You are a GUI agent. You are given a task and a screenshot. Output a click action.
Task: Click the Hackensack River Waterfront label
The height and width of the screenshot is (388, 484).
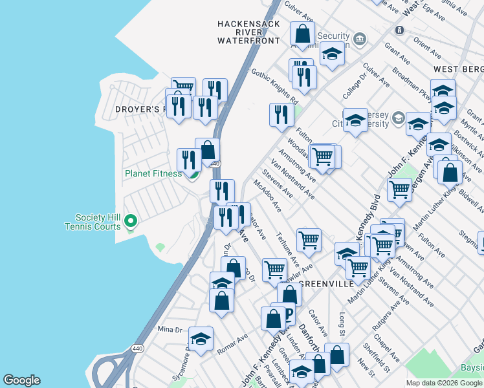[248, 32]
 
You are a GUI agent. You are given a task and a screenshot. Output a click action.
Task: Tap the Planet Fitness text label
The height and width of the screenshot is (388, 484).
[153, 174]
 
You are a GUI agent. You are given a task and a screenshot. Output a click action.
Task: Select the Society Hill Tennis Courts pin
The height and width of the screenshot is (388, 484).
[131, 222]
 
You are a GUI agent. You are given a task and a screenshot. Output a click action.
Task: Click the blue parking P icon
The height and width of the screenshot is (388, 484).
[288, 316]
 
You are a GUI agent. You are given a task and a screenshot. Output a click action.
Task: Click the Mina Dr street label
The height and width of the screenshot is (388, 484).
[170, 329]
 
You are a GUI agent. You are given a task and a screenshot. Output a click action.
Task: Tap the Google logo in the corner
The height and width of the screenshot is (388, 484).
[21, 380]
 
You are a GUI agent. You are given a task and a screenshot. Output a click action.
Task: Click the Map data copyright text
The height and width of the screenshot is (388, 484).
[443, 383]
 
